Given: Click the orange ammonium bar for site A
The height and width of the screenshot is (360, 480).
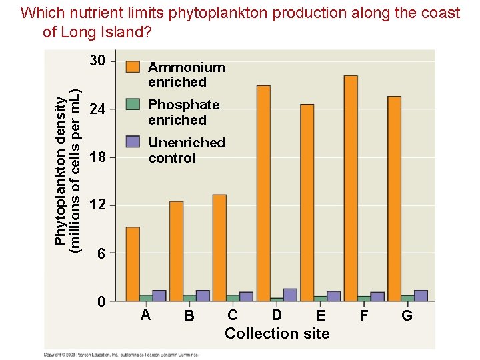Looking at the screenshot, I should pos(133,264).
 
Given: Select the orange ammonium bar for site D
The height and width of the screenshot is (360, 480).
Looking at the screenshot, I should pos(263,193).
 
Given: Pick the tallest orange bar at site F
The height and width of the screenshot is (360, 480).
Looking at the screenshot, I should pos(351,188).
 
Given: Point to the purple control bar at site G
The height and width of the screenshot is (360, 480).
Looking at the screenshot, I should pos(421,295).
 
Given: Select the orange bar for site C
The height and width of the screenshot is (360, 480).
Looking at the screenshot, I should pos(219,247).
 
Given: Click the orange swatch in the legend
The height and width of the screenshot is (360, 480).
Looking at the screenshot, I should pos(133,67).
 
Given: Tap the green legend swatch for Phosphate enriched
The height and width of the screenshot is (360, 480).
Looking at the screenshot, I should pos(133,104).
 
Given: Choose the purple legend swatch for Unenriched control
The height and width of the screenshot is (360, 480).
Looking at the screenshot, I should pos(133,141).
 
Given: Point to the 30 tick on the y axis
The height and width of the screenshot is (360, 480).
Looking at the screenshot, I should pos(97,61).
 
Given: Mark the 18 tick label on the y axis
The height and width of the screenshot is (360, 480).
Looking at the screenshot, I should pos(97,157).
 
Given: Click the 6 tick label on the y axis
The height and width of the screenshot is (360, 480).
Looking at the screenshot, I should pos(101,253).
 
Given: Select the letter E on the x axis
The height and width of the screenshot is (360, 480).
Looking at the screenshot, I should pos(321,315).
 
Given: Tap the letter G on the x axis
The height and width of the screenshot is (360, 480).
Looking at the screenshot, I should pos(407,315).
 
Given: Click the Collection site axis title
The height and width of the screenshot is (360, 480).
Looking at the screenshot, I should pos(277,333).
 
